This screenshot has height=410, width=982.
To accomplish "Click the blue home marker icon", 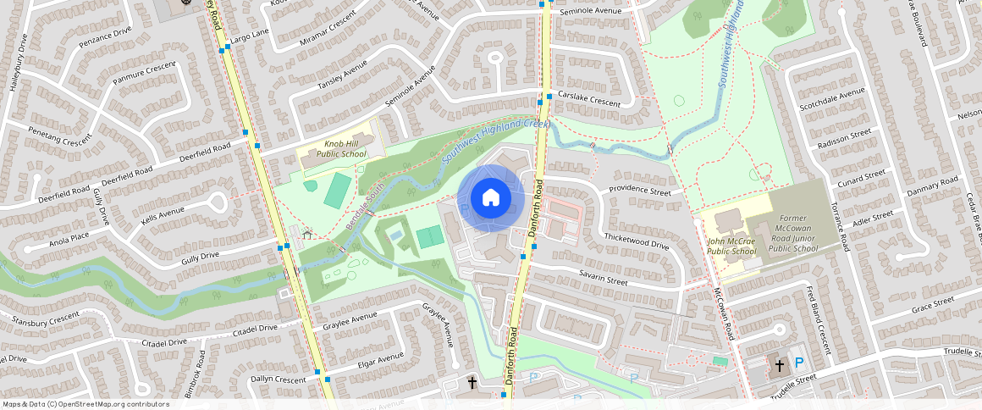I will click(490, 198).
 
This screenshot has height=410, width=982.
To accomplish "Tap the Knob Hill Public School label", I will click(342, 149).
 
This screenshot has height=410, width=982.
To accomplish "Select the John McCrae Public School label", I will click(731, 246).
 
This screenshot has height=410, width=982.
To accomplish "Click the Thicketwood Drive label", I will click(637, 240).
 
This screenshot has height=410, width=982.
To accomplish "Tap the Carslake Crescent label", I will click(588, 100).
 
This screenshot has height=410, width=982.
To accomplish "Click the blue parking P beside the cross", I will click(799, 364).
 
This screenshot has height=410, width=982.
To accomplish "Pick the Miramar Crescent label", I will click(329, 32).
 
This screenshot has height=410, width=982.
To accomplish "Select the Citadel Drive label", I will click(164, 342).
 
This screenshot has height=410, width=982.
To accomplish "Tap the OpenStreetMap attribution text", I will click(86, 404).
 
